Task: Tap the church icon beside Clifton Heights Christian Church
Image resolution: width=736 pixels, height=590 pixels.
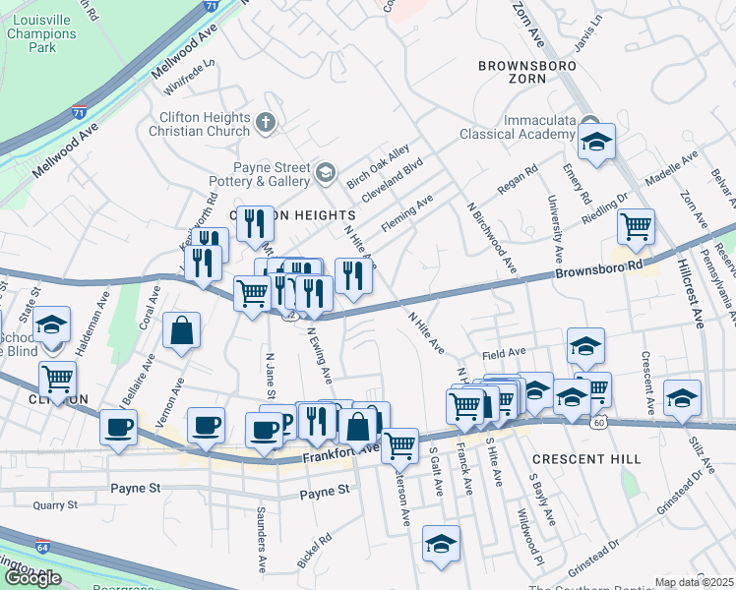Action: [x=263, y=123]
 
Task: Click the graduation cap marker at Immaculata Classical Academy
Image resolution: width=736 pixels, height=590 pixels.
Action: [x=596, y=143]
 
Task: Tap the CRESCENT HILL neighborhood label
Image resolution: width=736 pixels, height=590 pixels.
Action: [x=586, y=459]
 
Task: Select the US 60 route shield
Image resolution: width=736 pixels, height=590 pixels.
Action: [x=598, y=423]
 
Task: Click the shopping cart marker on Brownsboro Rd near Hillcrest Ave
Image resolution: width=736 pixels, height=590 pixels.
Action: [x=637, y=227]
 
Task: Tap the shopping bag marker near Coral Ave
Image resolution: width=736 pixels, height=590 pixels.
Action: [x=182, y=331]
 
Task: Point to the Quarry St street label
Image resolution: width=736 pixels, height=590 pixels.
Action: [x=54, y=505]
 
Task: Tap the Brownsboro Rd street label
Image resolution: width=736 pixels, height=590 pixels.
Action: [x=597, y=268]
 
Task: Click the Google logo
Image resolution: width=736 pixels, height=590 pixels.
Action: [x=32, y=578]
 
